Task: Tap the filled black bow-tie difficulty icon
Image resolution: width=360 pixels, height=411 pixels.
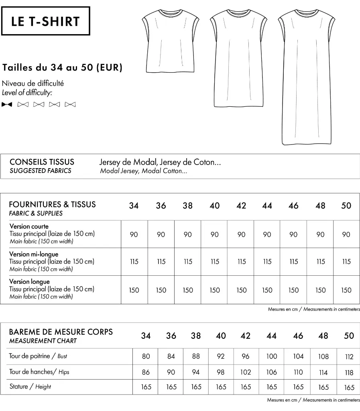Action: coord(7,105)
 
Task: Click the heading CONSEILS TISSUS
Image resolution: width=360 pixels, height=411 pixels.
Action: coord(42,162)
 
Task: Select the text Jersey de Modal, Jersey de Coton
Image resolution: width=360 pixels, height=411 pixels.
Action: coord(160,163)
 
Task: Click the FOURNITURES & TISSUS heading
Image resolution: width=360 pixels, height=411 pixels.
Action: coord(52,204)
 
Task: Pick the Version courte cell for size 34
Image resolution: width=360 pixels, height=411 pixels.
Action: coord(134,234)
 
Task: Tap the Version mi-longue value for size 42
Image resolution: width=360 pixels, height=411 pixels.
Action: coord(241,262)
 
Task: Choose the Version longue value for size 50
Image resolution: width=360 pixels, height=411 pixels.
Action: coord(346,290)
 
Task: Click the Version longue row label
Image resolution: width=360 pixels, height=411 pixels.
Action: coord(30,282)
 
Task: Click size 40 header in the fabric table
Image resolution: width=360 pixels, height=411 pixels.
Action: coord(215,206)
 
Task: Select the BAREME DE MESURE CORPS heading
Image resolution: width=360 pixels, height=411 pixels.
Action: coord(61,332)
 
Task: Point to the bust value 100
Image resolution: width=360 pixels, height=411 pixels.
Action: coord(272,356)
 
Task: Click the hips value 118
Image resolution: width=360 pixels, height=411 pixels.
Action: coord(349,372)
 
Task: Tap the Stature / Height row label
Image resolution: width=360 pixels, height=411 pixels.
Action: coord(30,387)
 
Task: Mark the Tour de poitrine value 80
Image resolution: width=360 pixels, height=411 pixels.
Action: coord(146,356)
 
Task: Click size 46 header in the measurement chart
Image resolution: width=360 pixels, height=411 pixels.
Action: coord(298,336)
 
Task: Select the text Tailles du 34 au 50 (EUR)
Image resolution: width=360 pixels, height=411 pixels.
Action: coord(62,67)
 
